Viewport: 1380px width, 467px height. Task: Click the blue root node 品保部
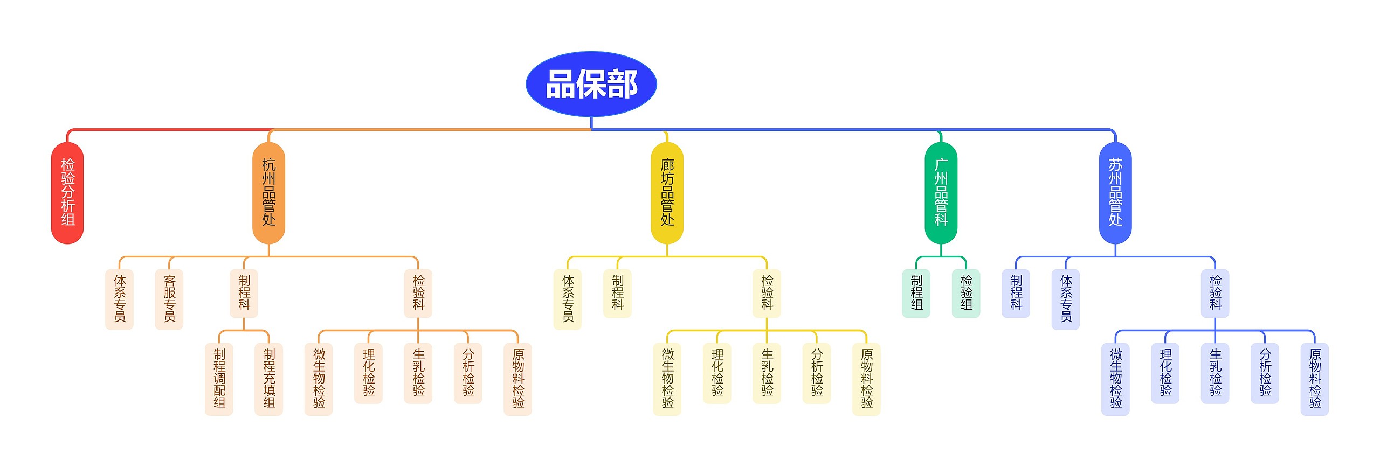(x=591, y=84)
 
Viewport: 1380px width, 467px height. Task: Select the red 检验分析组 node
(x=67, y=192)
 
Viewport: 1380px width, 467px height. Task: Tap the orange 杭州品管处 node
(x=268, y=192)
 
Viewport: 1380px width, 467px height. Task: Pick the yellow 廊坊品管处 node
(x=667, y=192)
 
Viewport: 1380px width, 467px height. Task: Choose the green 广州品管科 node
(x=941, y=192)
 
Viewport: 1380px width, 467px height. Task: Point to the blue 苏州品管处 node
(x=1115, y=192)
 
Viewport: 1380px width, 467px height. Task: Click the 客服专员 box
(x=169, y=299)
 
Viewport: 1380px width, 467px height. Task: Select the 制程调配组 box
(x=219, y=379)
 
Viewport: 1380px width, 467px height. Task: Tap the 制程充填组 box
(x=268, y=379)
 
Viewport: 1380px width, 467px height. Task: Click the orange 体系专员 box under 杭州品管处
(x=119, y=299)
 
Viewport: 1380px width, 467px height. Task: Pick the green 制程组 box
(x=916, y=293)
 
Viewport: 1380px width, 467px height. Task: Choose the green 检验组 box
(x=966, y=293)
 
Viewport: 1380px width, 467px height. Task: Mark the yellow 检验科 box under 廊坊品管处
(x=767, y=293)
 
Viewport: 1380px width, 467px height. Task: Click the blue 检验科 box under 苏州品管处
(x=1215, y=293)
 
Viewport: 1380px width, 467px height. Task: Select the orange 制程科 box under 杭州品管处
(x=244, y=293)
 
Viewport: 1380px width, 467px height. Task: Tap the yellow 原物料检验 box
(x=866, y=379)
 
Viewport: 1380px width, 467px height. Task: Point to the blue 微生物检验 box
(x=1115, y=379)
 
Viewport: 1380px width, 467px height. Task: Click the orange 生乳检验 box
(x=418, y=373)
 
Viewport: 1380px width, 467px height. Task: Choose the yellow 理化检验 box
(x=717, y=373)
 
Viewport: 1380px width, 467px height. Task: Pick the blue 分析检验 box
(x=1265, y=373)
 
